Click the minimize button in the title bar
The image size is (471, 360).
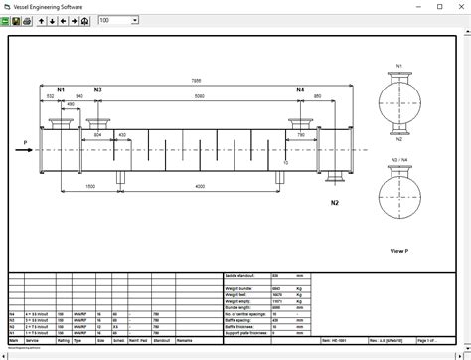pos(418,6)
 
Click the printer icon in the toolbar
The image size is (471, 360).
pos(28,20)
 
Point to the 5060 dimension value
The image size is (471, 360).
pos(200,97)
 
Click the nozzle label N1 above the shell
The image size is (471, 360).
pos(61,90)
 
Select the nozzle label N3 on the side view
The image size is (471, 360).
pos(97,90)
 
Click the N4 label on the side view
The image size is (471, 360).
pos(300,90)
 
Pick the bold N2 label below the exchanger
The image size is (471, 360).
pos(335,203)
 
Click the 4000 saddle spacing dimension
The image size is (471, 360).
pos(200,186)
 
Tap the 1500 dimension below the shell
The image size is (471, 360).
pos(89,186)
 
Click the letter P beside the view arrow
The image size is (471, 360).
pos(25,143)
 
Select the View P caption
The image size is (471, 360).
pos(399,251)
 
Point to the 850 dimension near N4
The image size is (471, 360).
pos(317,97)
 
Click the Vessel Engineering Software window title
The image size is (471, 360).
pos(44,6)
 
